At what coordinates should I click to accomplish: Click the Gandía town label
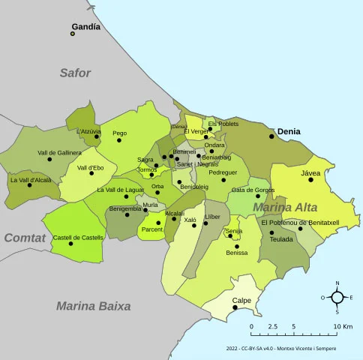click(x=85, y=26)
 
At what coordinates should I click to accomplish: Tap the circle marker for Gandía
click(x=73, y=33)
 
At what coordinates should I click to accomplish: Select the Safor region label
click(x=75, y=73)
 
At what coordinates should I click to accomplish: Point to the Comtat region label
click(x=25, y=238)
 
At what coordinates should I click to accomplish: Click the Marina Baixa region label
click(x=93, y=306)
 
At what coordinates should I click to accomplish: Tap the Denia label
click(x=289, y=130)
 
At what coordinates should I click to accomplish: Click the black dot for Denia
click(x=271, y=135)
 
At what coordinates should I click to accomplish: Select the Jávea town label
click(x=310, y=172)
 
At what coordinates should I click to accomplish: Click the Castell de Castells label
click(x=78, y=237)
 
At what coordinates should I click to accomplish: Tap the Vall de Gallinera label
click(x=59, y=152)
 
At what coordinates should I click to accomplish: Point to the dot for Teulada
click(x=272, y=232)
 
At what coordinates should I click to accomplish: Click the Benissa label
click(x=236, y=253)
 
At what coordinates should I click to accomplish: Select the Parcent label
click(x=152, y=229)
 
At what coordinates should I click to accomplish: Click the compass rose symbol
click(x=337, y=298)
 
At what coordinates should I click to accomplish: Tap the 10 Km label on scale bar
click(x=343, y=327)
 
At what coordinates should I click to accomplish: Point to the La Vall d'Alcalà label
click(x=31, y=179)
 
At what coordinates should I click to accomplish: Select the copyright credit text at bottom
click(x=280, y=349)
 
